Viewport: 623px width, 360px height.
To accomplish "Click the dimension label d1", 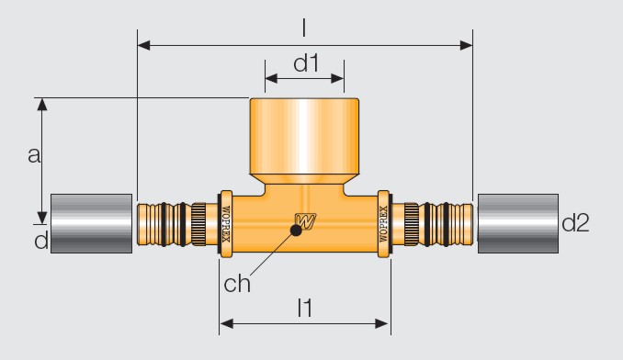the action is point(306,63).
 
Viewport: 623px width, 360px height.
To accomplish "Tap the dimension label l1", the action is point(305,308).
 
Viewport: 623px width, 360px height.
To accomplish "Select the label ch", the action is point(237,284).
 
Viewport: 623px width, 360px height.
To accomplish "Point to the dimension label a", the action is point(34,155).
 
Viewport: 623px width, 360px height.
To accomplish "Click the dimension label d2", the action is point(575,222).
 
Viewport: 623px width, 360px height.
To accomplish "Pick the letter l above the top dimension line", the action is point(304,28).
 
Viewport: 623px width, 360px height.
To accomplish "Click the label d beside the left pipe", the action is point(41,241).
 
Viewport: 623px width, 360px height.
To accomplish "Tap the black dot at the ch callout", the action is point(296,231).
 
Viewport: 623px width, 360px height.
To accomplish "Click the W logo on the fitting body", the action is point(306,220).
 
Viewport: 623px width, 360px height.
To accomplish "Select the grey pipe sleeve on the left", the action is point(91,223).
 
